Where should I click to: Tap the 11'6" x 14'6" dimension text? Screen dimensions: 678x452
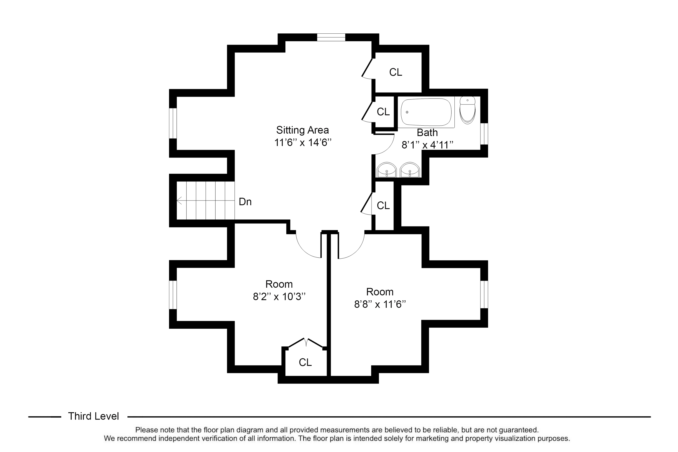[x=303, y=142]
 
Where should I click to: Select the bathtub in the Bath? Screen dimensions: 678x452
[x=426, y=112]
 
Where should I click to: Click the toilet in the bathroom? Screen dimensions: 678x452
[x=467, y=110]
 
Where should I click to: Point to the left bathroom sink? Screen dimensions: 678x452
[x=386, y=170]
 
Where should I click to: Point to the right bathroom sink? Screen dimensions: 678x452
[x=410, y=170]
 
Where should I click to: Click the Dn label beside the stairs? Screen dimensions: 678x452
[x=245, y=202]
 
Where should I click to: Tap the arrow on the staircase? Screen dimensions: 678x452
[x=205, y=200]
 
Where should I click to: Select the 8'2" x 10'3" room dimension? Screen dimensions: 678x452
[x=279, y=296]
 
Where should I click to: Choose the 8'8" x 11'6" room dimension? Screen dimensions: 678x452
[x=380, y=304]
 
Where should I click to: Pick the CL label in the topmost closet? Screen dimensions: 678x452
[x=395, y=72]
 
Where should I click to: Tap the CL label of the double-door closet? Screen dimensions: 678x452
[x=305, y=362]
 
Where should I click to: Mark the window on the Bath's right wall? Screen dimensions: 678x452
[x=484, y=134]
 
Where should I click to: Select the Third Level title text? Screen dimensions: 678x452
[x=93, y=416]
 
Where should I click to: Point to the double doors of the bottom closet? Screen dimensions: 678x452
[x=305, y=343]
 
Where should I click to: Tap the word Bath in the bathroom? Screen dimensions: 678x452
[x=427, y=133]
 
